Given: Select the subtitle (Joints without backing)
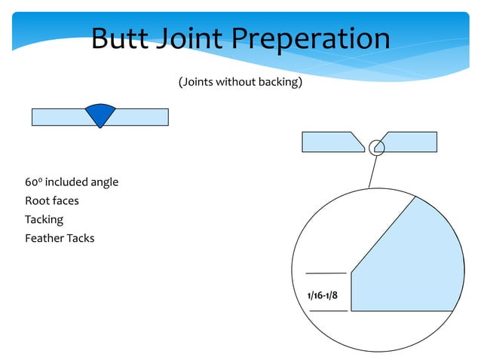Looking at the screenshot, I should pos(240,81).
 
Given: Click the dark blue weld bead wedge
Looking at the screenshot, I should pos(100,114).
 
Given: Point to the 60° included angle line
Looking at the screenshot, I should pos(72,182).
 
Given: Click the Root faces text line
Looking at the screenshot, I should pos(51,201).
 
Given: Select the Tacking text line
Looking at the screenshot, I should pos(44,220).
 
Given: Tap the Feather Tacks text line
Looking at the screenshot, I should pos(60,239).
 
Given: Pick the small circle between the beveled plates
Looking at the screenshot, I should pos(376,146).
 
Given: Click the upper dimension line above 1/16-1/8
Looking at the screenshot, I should pos(326,273).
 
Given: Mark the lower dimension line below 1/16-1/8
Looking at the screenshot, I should pos(329,310).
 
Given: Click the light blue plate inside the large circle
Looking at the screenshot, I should pos(411,264).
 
